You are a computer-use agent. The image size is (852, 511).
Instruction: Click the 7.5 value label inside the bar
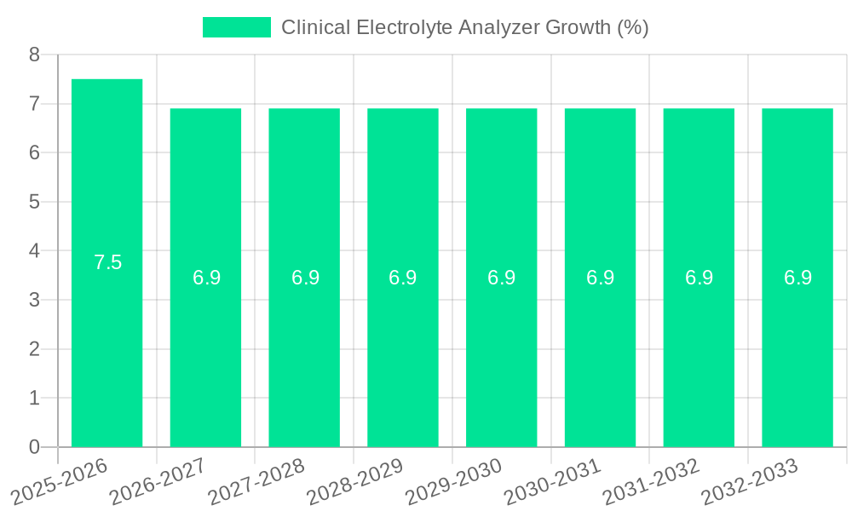tap(108, 262)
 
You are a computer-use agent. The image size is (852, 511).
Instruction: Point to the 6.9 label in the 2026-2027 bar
tap(206, 278)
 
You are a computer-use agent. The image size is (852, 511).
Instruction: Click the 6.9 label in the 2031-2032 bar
tap(699, 278)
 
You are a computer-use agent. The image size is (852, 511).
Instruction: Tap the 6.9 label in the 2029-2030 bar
tap(502, 278)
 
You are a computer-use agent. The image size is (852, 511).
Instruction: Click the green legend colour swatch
tap(236, 27)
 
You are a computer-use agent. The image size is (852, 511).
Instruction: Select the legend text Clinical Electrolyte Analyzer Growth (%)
tap(465, 27)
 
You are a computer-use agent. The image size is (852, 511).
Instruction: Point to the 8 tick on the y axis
tap(34, 55)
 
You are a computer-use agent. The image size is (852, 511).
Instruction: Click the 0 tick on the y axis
tap(34, 447)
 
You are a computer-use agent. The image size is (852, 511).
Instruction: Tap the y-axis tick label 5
tap(34, 202)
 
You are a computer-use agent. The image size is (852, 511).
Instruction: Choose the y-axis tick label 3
tap(34, 300)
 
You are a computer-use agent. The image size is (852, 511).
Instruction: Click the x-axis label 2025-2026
tap(60, 479)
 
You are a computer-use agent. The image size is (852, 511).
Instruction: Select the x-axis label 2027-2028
tap(257, 479)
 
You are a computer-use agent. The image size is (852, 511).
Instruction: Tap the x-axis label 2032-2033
tap(750, 479)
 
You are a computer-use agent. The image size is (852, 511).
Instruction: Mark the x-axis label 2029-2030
tap(454, 479)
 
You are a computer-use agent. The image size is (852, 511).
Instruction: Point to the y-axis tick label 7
tap(34, 104)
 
